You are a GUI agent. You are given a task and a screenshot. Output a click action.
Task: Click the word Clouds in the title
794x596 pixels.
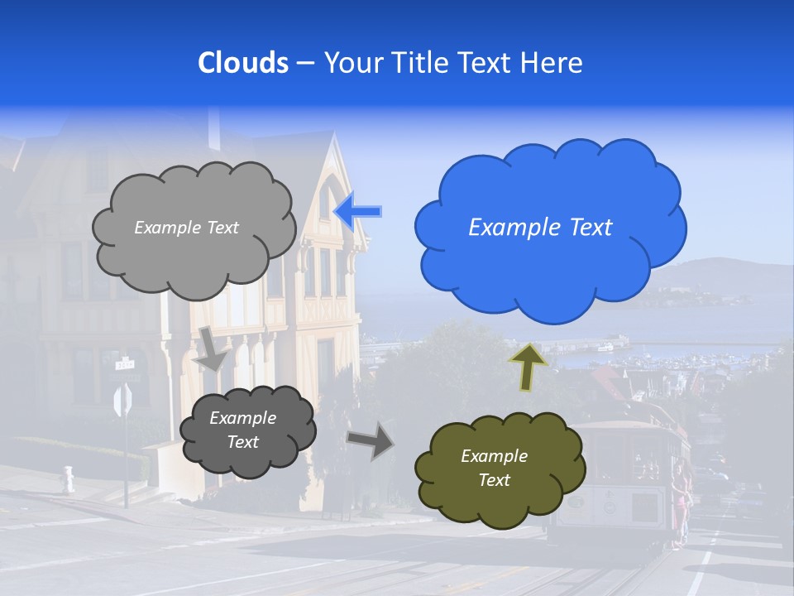pos(243,63)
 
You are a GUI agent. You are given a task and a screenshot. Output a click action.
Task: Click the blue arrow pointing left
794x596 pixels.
pos(358,212)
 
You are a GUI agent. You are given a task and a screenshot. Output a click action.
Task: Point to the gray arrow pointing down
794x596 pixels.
pos(212,348)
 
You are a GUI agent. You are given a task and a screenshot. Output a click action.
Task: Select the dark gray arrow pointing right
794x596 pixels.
pos(371,440)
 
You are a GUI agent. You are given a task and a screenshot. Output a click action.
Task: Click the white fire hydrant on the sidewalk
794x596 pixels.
pos(68,480)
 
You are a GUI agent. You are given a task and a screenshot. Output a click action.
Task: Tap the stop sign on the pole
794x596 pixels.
pos(122,401)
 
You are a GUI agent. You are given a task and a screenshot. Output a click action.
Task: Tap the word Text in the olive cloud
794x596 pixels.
pos(494,480)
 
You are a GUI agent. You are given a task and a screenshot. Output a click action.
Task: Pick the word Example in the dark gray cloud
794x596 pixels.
pos(242,418)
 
